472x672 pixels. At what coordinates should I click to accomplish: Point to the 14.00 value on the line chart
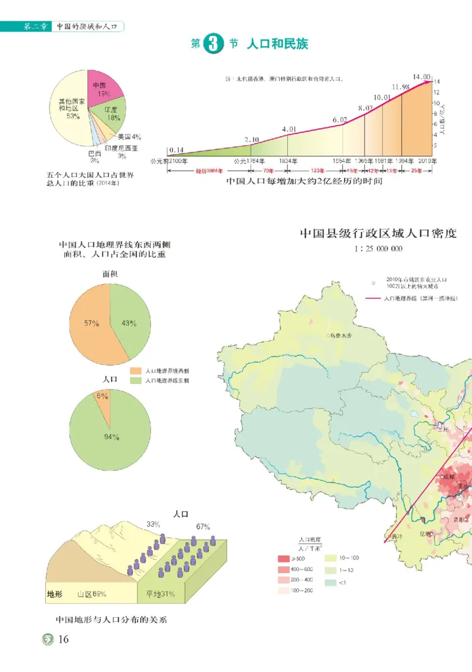(x=421, y=77)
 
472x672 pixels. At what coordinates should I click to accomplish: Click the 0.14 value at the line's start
(x=176, y=149)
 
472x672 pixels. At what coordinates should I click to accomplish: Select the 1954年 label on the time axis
(x=341, y=160)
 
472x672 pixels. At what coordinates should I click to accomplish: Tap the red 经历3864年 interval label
(x=209, y=171)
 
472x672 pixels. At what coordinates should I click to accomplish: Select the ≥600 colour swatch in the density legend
(x=283, y=558)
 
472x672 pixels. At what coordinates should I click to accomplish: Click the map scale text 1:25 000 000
(x=378, y=249)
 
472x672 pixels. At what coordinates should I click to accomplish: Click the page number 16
(x=64, y=640)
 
